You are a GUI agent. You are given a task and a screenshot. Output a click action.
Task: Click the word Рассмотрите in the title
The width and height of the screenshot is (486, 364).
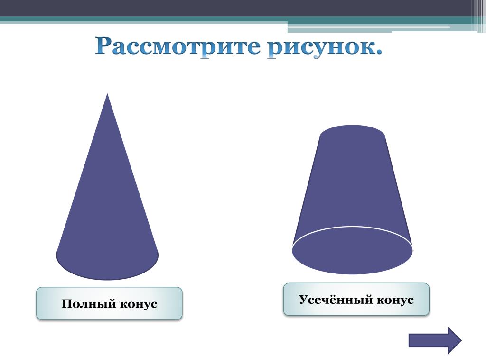pos(178,46)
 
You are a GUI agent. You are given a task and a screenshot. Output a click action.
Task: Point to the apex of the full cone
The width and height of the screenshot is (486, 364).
pos(107,94)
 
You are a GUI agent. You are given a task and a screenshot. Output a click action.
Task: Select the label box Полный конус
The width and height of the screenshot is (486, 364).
pos(109,303)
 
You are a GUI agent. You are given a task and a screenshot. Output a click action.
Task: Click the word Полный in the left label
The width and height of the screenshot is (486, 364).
pos(89,304)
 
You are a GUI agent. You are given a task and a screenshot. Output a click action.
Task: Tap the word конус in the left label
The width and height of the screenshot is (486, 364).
pos(138,304)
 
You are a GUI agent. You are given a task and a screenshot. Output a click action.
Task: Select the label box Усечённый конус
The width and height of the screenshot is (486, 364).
pos(356,300)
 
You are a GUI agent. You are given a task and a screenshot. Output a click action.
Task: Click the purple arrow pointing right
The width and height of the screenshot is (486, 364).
pos(435,340)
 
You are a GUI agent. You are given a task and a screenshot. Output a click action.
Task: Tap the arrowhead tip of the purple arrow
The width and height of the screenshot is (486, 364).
pos(461,340)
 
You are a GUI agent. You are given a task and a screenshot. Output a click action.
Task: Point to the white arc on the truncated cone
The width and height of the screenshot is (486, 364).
pos(352,227)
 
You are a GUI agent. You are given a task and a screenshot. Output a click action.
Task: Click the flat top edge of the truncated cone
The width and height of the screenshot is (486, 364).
pos(352,125)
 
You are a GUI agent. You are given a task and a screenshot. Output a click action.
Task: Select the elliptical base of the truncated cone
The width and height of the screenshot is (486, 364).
pos(352,250)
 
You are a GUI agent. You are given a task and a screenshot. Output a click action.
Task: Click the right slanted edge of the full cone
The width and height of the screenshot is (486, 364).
pos(133,174)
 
